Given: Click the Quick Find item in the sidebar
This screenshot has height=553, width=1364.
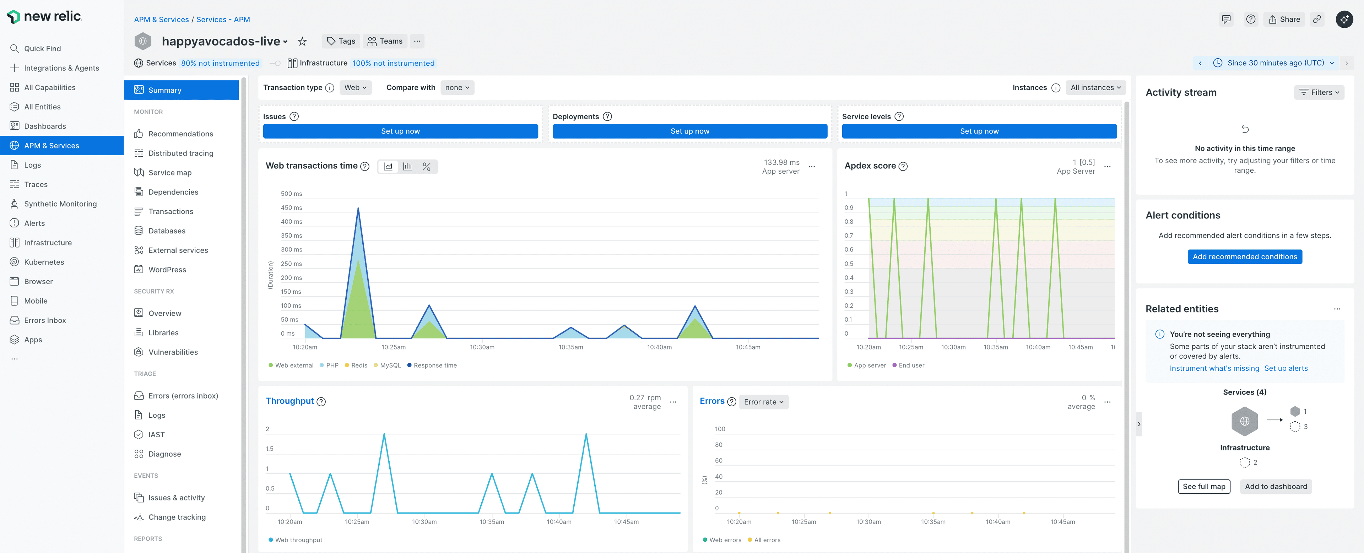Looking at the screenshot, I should point(42,48).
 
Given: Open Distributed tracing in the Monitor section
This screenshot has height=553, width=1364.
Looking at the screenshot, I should point(180,153).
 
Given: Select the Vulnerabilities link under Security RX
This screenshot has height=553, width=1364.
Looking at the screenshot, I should point(173,352).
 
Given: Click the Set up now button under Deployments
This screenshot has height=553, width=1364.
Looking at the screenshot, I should point(689,131).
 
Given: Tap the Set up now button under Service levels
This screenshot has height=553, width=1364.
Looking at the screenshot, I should point(979,131).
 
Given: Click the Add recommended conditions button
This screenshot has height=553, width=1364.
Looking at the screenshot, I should point(1244,256).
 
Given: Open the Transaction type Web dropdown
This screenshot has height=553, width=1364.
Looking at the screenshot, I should point(355,87).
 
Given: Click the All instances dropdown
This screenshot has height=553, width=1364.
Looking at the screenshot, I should point(1095,87).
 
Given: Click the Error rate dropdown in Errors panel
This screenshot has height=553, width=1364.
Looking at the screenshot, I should point(763,401).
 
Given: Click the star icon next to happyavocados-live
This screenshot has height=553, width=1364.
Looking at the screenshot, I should point(302,41).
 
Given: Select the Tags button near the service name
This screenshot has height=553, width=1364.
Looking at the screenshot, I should point(341,41).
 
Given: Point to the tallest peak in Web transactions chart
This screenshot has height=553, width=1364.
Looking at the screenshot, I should point(358,209).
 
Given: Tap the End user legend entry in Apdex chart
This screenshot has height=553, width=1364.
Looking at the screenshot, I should point(911,365).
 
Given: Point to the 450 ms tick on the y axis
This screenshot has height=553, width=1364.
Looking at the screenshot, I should point(291,208).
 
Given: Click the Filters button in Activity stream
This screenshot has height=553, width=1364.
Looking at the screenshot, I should point(1319,92).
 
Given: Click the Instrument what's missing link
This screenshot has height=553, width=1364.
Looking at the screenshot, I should point(1214,368).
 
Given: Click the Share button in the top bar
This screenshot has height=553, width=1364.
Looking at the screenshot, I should point(1284,19).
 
